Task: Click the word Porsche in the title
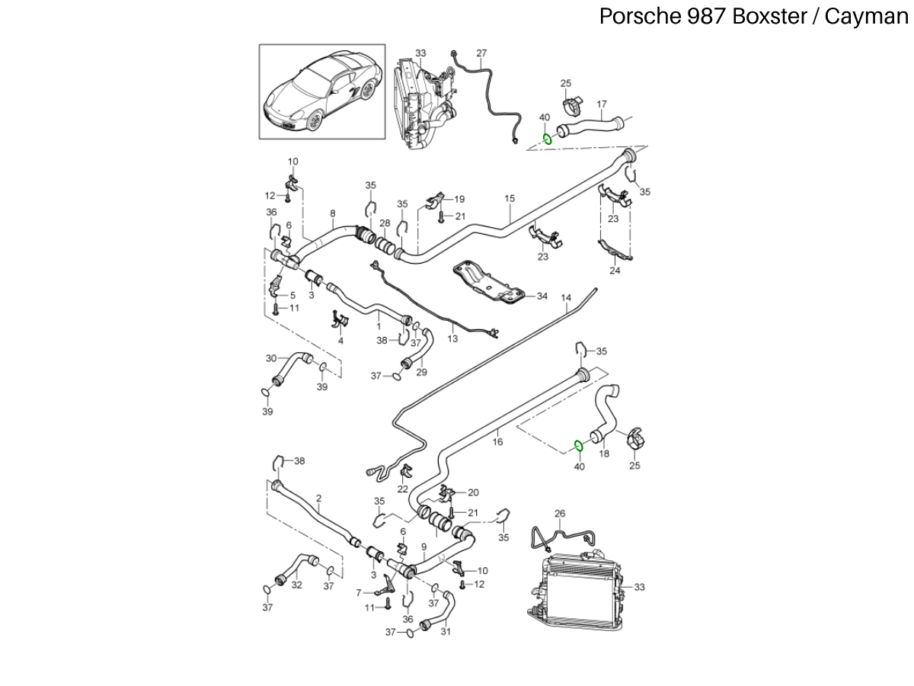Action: point(631,16)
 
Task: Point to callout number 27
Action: point(481,53)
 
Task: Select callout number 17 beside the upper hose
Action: point(601,104)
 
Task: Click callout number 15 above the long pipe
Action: point(510,198)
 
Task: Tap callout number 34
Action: point(542,296)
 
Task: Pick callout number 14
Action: point(566,297)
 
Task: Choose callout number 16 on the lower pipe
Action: point(497,440)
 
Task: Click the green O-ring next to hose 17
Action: point(547,139)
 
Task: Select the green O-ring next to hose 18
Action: point(578,444)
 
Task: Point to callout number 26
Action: point(560,514)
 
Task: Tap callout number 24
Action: point(615,270)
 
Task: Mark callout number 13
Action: point(452,338)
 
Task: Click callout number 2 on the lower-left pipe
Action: point(318,498)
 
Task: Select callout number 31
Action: point(446,631)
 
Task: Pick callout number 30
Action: point(271,358)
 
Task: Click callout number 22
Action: point(402,488)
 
